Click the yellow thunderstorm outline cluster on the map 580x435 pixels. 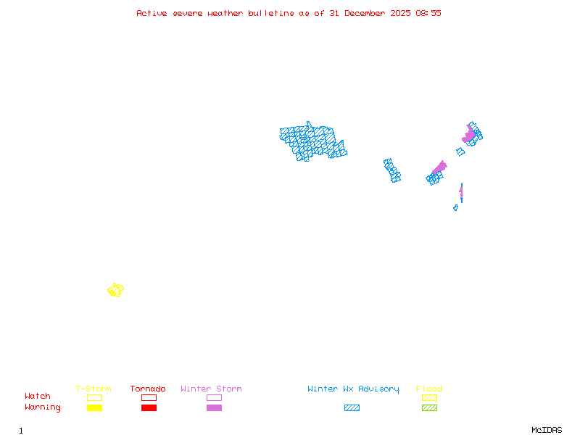115,290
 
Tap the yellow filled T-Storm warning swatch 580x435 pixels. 94,408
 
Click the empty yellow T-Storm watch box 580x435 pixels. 94,397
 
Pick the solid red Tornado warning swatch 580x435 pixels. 149,408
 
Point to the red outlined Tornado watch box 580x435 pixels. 149,397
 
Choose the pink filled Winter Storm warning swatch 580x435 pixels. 214,408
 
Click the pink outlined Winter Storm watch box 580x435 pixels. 214,397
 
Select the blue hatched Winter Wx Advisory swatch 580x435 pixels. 352,408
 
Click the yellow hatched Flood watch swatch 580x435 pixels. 429,397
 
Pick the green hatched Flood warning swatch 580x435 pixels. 429,408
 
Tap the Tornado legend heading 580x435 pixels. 148,389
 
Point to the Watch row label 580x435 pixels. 38,397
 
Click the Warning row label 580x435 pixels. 42,407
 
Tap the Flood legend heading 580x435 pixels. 429,389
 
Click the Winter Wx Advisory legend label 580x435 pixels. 353,389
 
